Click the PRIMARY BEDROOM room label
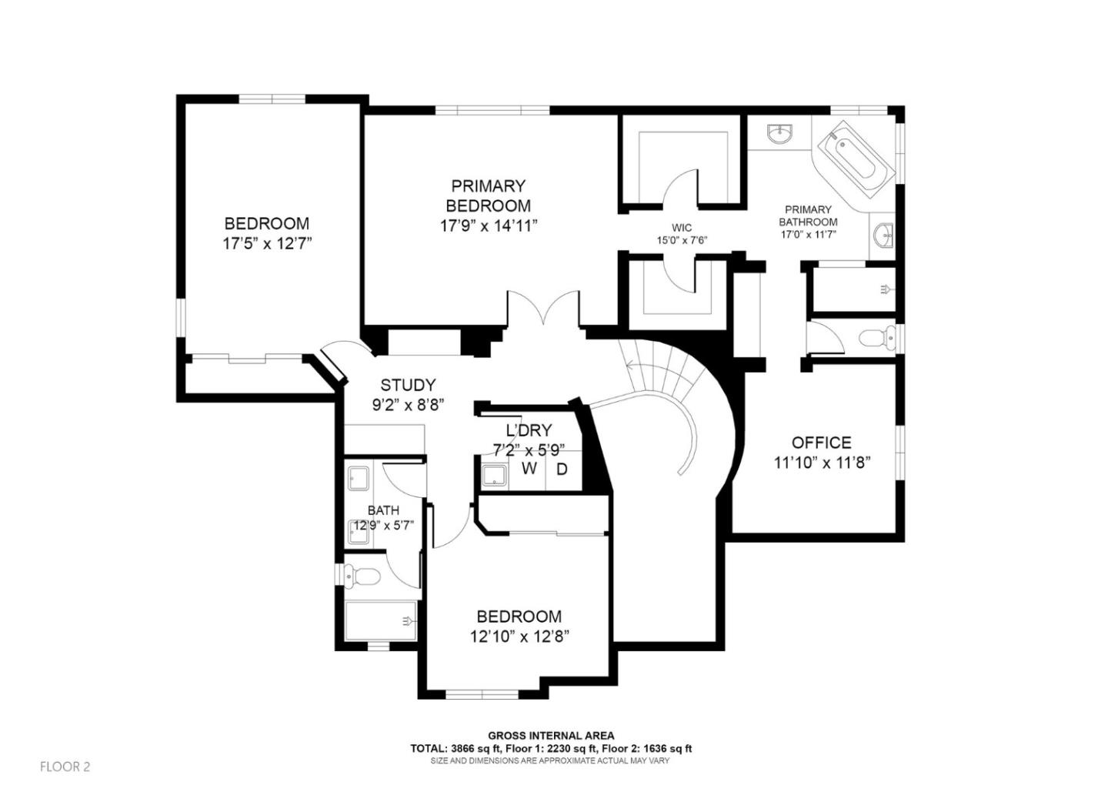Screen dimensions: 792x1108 tap(488, 195)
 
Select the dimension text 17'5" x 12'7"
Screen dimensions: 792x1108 tap(266, 244)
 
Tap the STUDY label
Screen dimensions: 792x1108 tap(408, 385)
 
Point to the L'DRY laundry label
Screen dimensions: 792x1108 tap(529, 430)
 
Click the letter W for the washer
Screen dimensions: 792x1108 tap(529, 469)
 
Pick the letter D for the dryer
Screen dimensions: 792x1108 tap(562, 469)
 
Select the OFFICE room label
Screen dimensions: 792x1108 tap(821, 443)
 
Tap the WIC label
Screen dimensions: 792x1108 tap(682, 228)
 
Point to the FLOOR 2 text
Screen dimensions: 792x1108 tap(65, 767)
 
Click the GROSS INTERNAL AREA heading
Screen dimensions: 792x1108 tap(551, 736)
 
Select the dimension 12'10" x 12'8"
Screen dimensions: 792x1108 tap(519, 637)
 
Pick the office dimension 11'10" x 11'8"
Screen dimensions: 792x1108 tap(821, 463)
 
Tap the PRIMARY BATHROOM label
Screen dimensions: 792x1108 tap(808, 216)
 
